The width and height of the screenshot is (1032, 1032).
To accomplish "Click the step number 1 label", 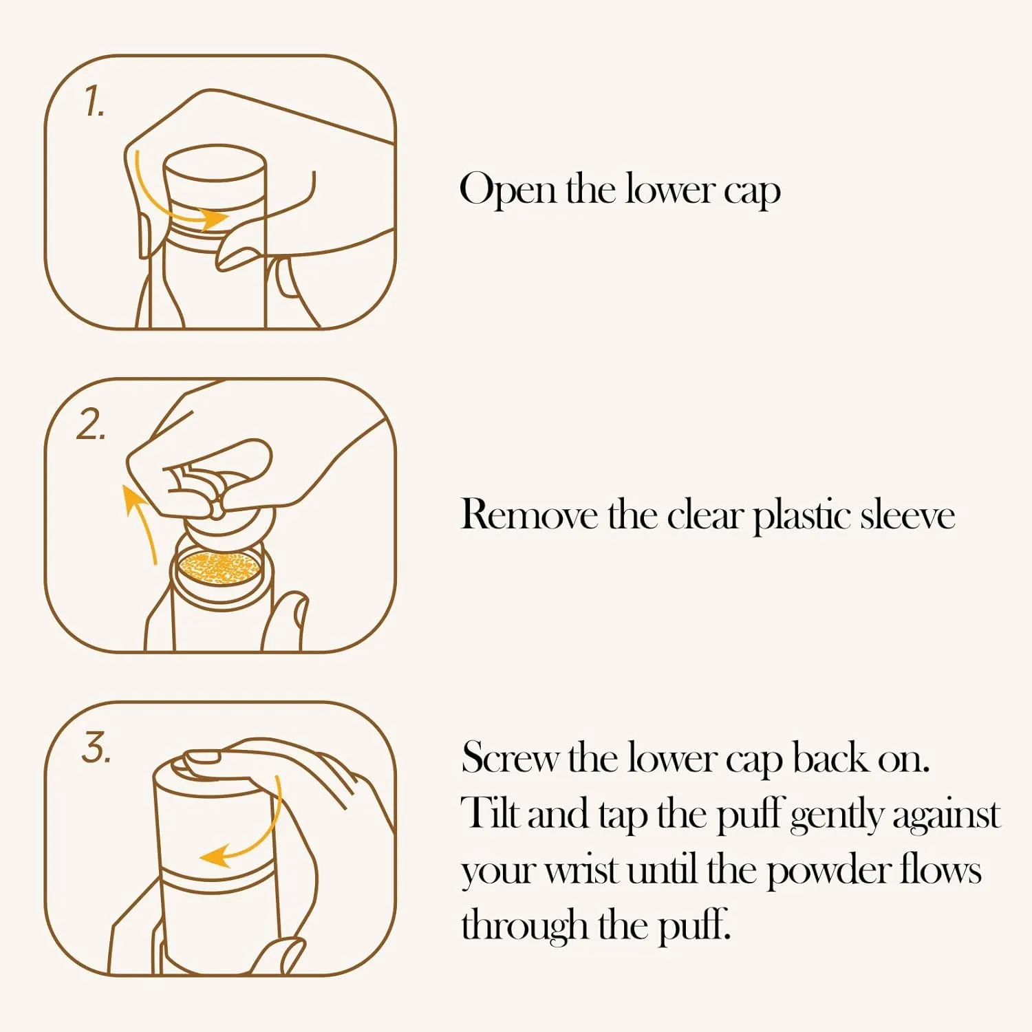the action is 94,102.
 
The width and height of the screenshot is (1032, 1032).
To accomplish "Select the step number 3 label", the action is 96,747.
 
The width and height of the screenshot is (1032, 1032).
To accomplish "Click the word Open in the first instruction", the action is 508,189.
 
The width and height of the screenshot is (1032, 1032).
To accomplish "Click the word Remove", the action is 528,514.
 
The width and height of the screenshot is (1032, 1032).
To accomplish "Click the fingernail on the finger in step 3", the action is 204,758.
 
